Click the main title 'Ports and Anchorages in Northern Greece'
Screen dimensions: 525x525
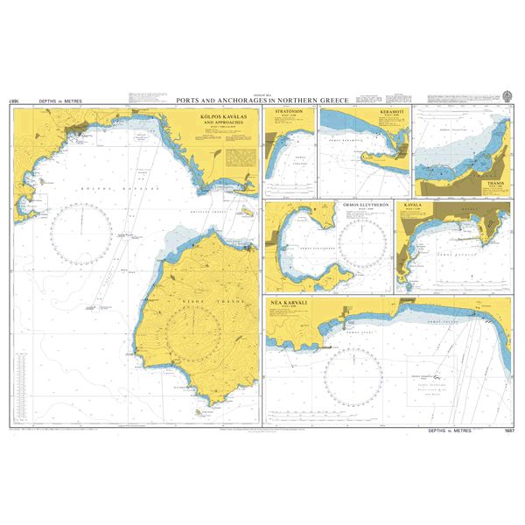pyautogui.click(x=262, y=100)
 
